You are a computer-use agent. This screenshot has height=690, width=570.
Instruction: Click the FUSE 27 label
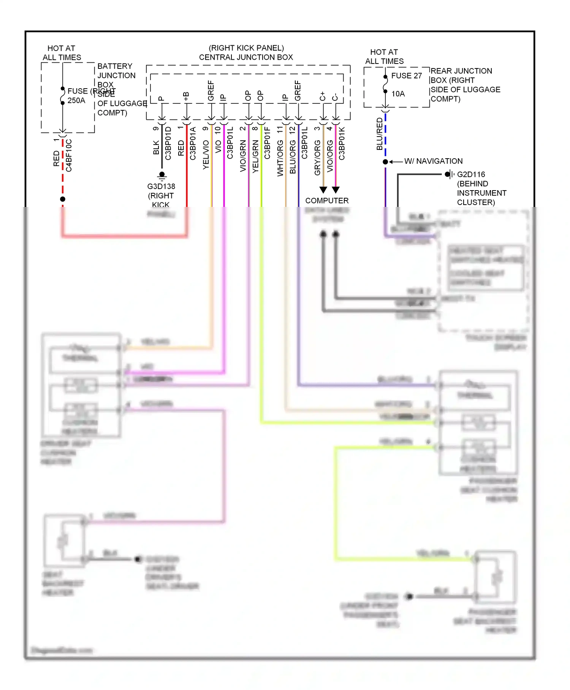pyautogui.click(x=406, y=76)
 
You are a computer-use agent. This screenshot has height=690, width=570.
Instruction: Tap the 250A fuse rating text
pyautogui.click(x=76, y=100)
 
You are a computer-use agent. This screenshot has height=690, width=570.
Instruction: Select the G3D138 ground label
pyautogui.click(x=161, y=186)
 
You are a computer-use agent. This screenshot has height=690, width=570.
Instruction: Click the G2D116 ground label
pyautogui.click(x=471, y=175)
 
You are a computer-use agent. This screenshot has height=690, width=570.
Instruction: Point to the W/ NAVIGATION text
pyautogui.click(x=433, y=161)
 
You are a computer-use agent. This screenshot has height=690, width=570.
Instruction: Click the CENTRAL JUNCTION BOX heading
pyautogui.click(x=246, y=57)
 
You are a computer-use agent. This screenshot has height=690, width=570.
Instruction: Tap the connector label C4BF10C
pyautogui.click(x=69, y=155)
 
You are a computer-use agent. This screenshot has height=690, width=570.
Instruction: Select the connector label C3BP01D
pyautogui.click(x=168, y=143)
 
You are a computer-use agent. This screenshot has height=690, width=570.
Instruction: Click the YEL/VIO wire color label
pyautogui.click(x=206, y=154)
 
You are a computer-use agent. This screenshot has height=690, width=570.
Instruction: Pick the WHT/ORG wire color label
pyautogui.click(x=280, y=158)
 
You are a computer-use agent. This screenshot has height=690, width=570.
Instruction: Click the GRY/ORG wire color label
pyautogui.click(x=317, y=157)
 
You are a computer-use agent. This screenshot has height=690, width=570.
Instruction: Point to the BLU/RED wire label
pyautogui.click(x=379, y=134)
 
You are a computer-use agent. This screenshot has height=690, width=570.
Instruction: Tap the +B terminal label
pyautogui.click(x=186, y=96)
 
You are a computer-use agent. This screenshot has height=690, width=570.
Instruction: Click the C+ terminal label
pyautogui.click(x=322, y=96)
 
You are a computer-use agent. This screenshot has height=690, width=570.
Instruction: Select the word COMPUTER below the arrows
pyautogui.click(x=327, y=200)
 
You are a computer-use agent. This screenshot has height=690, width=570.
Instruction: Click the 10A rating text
pyautogui.click(x=398, y=94)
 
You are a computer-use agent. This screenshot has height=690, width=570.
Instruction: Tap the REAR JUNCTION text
pyautogui.click(x=461, y=71)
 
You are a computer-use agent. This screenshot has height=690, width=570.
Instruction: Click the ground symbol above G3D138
pyautogui.click(x=162, y=175)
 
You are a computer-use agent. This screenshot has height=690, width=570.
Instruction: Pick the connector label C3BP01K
pyautogui.click(x=342, y=143)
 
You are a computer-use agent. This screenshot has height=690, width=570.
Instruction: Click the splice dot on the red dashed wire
pyautogui.click(x=63, y=199)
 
